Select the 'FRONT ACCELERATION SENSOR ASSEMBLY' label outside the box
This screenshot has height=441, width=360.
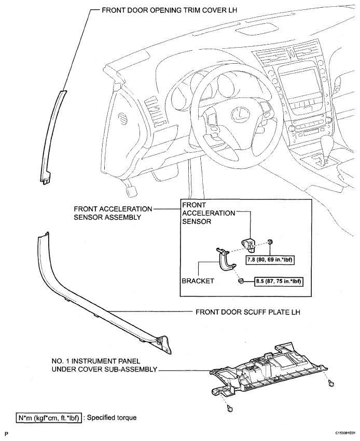(113, 213)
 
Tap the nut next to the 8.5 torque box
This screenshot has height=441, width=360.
(241, 281)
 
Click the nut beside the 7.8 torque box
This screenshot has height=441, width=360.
(271, 241)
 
